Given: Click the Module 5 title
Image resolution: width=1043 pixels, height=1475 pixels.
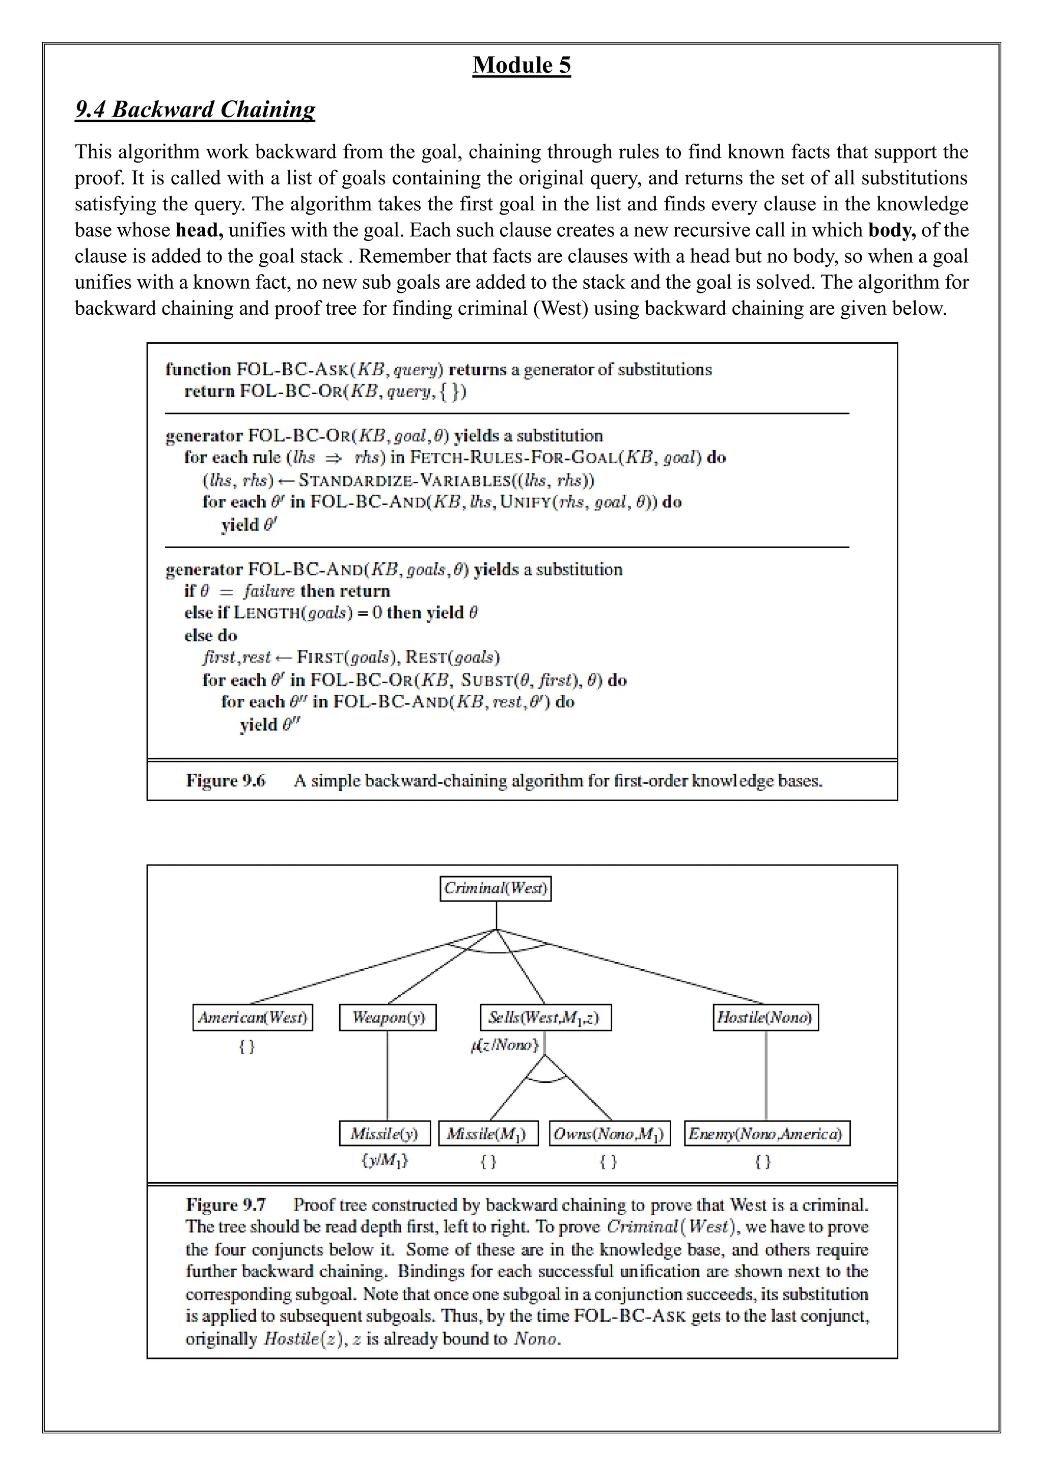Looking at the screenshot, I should pyautogui.click(x=521, y=65).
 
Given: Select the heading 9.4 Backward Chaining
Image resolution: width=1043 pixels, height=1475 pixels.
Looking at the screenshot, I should pyautogui.click(x=195, y=109).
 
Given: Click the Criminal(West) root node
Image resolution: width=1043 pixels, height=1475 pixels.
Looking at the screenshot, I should pyautogui.click(x=495, y=888).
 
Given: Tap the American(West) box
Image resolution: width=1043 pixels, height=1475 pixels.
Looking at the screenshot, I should pyautogui.click(x=253, y=1018).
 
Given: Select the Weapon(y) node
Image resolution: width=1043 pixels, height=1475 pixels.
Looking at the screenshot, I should pyautogui.click(x=387, y=1018).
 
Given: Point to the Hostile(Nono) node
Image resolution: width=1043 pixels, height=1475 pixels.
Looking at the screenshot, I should pyautogui.click(x=765, y=1018).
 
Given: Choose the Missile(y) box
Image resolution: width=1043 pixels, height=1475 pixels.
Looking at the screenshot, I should pyautogui.click(x=384, y=1134).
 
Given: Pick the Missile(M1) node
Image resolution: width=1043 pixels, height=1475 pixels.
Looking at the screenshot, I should pyautogui.click(x=487, y=1134).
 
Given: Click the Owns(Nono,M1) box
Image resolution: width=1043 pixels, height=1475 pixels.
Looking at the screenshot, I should pyautogui.click(x=610, y=1134).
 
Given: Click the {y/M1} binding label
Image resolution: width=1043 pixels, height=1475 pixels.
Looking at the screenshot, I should pyautogui.click(x=384, y=1160).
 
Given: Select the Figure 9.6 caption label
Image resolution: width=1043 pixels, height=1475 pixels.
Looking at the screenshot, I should pyautogui.click(x=226, y=781).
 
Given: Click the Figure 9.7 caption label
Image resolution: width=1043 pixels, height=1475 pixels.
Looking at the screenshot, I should pyautogui.click(x=226, y=1205).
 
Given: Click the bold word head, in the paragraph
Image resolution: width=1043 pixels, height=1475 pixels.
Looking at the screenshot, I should pyautogui.click(x=199, y=230).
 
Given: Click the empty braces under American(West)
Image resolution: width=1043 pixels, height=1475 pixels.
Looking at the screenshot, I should pyautogui.click(x=246, y=1047).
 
